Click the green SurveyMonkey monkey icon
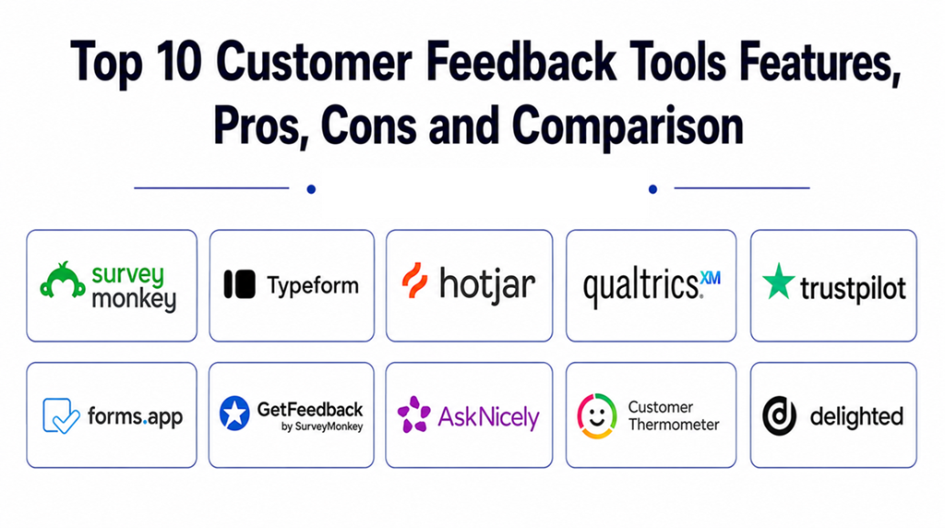[62, 281]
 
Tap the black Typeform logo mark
[239, 284]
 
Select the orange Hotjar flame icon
[414, 281]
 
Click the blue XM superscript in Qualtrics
[710, 278]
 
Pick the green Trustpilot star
[779, 282]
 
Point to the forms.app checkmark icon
[61, 415]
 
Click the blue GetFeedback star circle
[234, 413]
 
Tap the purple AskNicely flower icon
[414, 414]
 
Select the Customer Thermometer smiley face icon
[597, 415]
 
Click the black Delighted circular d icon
[779, 416]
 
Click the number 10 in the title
[178, 61]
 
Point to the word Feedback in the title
[520, 61]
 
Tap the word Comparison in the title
[628, 126]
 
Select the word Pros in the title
[261, 126]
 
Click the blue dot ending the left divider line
[311, 189]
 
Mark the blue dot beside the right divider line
[652, 189]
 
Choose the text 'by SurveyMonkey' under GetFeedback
[322, 426]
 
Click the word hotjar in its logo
[487, 283]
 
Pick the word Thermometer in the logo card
[674, 425]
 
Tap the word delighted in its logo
[856, 416]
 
